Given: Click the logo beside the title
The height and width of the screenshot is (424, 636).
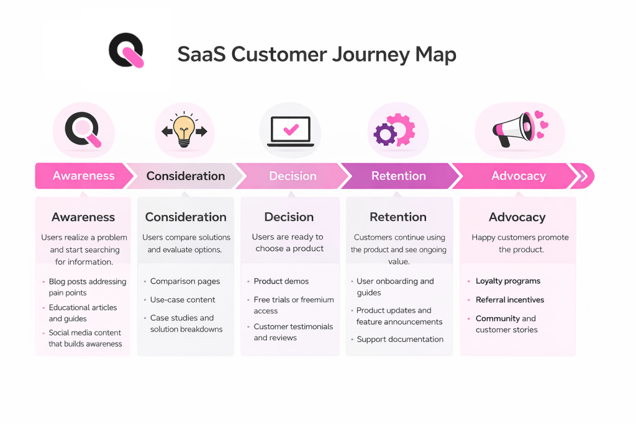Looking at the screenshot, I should coord(126,50).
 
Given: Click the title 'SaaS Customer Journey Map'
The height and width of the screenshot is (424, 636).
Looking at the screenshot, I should coord(317,54).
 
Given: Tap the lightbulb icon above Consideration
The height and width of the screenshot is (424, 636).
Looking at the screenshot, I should coord(184,131).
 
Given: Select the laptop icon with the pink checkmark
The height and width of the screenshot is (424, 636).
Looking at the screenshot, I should coord(290,131).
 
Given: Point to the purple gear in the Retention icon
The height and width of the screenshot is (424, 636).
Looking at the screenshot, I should coord(385,133).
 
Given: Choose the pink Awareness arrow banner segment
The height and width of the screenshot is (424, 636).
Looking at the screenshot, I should coord(83,176).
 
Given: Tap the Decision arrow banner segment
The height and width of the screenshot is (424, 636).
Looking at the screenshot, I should coord(293,176).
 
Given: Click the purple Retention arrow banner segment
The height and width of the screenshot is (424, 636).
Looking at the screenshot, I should coord(398,176).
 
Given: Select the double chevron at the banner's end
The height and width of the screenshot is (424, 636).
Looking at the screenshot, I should coord(583,176).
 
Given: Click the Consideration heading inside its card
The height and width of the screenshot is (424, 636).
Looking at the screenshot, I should coord(186,217).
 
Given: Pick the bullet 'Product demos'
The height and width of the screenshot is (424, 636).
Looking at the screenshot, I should coord(281,281).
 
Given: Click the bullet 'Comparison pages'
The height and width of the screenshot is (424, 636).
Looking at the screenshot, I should coord(185,281).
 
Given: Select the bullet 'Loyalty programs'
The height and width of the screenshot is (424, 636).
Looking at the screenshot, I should coord(507,281).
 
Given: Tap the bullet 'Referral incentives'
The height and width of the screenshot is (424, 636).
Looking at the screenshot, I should coord(509,300).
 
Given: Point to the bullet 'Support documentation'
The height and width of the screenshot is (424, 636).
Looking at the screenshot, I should coord(399,340).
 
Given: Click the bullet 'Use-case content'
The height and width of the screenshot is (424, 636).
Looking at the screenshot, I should coord(183,300).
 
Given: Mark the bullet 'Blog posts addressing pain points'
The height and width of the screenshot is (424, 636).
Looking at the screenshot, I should coord(87,287).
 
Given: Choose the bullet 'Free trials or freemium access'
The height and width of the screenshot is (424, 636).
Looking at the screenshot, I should coord(293,305).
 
